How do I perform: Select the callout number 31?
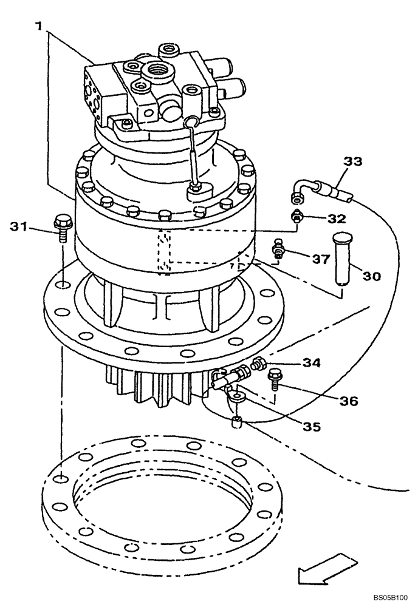[20, 227]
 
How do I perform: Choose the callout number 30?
[372, 276]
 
